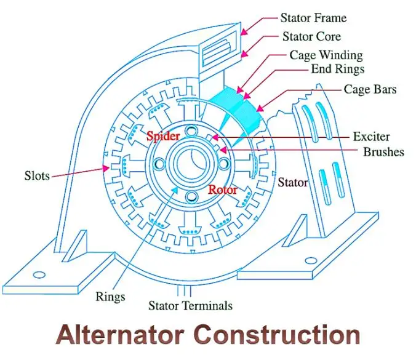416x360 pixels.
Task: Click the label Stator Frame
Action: pos(313,17)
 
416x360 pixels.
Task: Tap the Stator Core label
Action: pos(311,36)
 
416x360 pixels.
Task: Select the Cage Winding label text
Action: pos(326,55)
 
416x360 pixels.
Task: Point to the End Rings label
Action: pos(337,69)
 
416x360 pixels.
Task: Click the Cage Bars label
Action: pos(370,90)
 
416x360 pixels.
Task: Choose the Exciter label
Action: pos(371,136)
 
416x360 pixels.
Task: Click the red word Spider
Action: pos(162,135)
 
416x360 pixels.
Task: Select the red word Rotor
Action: pos(222,190)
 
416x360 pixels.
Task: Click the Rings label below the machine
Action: pos(110,297)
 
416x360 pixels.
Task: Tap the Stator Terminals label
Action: pos(191,306)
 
